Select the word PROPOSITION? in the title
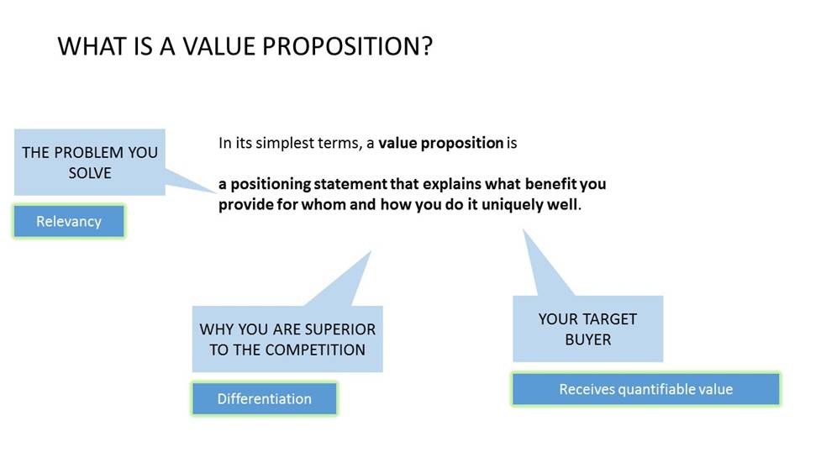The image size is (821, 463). point(348,46)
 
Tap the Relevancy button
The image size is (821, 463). point(69,221)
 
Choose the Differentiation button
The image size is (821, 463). point(265,398)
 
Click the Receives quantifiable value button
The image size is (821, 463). point(645,389)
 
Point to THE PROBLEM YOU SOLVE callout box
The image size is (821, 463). point(90,162)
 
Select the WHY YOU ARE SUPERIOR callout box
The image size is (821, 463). point(287,339)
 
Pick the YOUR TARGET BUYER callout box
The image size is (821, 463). point(588,329)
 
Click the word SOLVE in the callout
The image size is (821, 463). point(90,173)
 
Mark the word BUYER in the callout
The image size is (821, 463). point(588,339)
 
